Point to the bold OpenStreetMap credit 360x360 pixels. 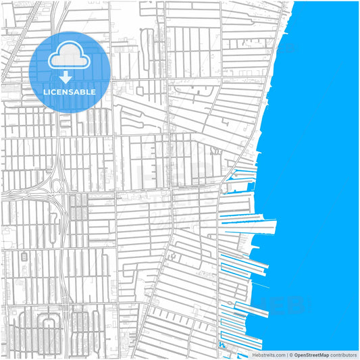[312, 355]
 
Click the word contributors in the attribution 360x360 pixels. [344, 355]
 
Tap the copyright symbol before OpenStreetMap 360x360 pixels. [291, 355]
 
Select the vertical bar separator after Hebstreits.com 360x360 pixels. [286, 355]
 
